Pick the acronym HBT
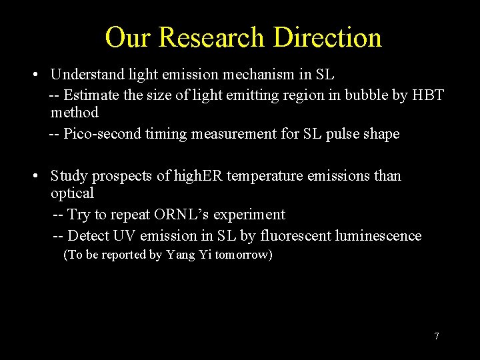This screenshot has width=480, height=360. point(428,95)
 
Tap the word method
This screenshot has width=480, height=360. point(74,113)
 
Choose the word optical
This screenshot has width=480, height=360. point(72,193)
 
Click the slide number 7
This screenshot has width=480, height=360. point(437,336)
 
